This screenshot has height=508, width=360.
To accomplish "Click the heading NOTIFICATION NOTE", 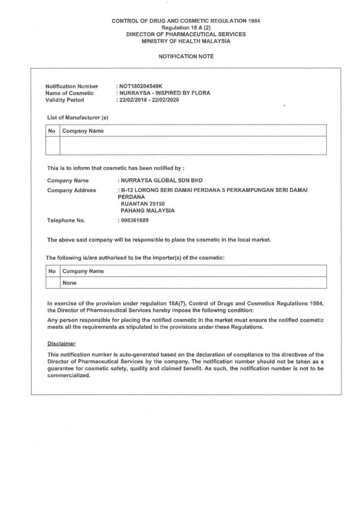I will [186, 57].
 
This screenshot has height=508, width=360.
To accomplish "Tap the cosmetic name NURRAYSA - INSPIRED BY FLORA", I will [164, 93].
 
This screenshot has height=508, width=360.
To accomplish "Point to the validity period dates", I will [148, 100].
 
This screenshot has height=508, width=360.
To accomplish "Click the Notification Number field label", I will [72, 86].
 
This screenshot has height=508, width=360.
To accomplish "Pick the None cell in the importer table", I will [69, 283].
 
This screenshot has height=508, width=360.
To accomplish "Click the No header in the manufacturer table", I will [52, 131].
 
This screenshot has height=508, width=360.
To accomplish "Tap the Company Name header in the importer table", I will [83, 271].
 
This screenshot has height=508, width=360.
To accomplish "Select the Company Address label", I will [72, 190].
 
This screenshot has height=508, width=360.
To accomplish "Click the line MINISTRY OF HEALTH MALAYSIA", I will [186, 41].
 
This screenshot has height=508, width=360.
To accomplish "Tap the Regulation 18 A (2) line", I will [186, 28].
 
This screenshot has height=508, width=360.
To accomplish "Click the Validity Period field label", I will [65, 100].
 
